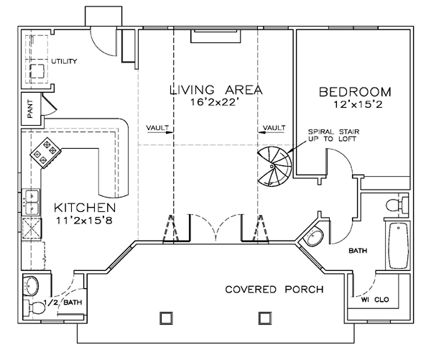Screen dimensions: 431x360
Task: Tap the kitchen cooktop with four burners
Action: coord(46,152)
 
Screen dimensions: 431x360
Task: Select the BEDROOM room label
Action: coord(355,92)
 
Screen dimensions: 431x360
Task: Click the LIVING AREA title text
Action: coord(216,90)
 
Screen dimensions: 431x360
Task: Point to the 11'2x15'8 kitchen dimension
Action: coord(85,221)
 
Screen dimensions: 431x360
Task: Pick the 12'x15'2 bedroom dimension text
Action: coord(358,104)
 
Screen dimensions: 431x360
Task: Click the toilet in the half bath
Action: coord(34,308)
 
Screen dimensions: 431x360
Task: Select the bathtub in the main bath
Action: coord(398,245)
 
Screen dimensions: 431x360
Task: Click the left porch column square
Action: coord(167,318)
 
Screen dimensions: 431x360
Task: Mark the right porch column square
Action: coord(265,318)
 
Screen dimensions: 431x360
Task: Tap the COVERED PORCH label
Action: coord(274,290)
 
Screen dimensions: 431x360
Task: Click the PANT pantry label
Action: coord(29,109)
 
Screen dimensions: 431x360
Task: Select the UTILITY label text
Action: coord(64,61)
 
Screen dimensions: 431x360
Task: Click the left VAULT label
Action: coord(157,128)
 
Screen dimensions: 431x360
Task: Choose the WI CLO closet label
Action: coord(375,300)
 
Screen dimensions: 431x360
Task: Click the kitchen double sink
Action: coord(31,202)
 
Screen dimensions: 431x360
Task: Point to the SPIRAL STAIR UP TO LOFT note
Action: coord(333,135)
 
